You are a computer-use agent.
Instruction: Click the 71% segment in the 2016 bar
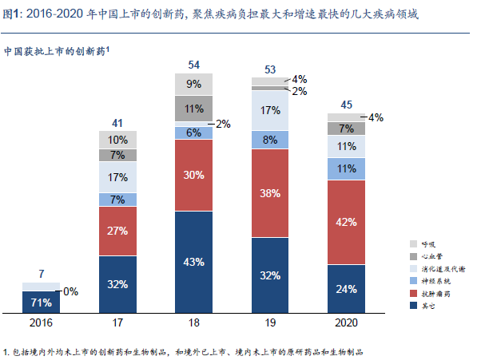[x=42, y=303]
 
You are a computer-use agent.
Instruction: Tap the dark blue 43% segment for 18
[x=194, y=262]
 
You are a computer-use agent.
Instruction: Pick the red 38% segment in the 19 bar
[x=271, y=192]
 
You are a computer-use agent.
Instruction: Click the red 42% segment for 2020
[x=347, y=223]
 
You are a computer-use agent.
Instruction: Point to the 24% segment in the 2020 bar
[x=347, y=289]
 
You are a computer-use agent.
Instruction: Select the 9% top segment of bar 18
[x=194, y=83]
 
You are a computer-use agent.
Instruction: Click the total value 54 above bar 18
[x=194, y=64]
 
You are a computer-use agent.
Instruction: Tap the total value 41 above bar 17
[x=118, y=122]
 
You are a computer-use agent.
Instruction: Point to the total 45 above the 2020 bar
[x=347, y=104]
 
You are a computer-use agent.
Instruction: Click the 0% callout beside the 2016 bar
[x=70, y=291]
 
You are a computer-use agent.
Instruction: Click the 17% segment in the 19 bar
[x=271, y=109]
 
